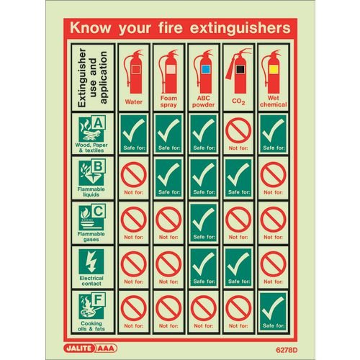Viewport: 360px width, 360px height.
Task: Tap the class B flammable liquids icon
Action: click(92, 174)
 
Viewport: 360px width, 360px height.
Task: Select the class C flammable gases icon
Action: click(92, 217)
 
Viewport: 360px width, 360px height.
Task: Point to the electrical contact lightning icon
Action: click(92, 261)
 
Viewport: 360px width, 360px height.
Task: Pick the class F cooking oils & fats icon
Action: click(92, 305)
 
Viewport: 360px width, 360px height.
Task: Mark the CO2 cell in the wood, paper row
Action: click(238, 133)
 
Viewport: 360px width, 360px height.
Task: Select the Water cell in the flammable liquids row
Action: click(134, 178)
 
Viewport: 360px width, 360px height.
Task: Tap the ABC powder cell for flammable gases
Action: click(203, 222)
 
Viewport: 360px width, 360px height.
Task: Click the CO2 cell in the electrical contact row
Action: click(238, 266)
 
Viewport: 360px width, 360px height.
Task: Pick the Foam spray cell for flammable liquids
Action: click(168, 178)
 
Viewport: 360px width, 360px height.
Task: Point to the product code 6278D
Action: click(276, 346)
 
